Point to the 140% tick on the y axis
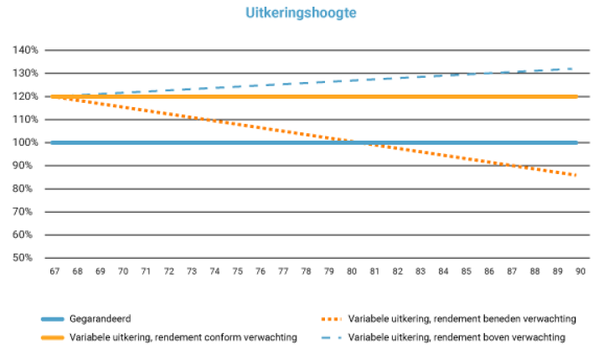point(26,50)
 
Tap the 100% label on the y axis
point(26,142)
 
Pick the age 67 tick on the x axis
point(54,272)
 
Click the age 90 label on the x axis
point(579,272)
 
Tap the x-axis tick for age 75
point(236,272)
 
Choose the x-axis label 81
point(374,272)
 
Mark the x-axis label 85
point(465,272)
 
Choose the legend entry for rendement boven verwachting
point(457,337)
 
